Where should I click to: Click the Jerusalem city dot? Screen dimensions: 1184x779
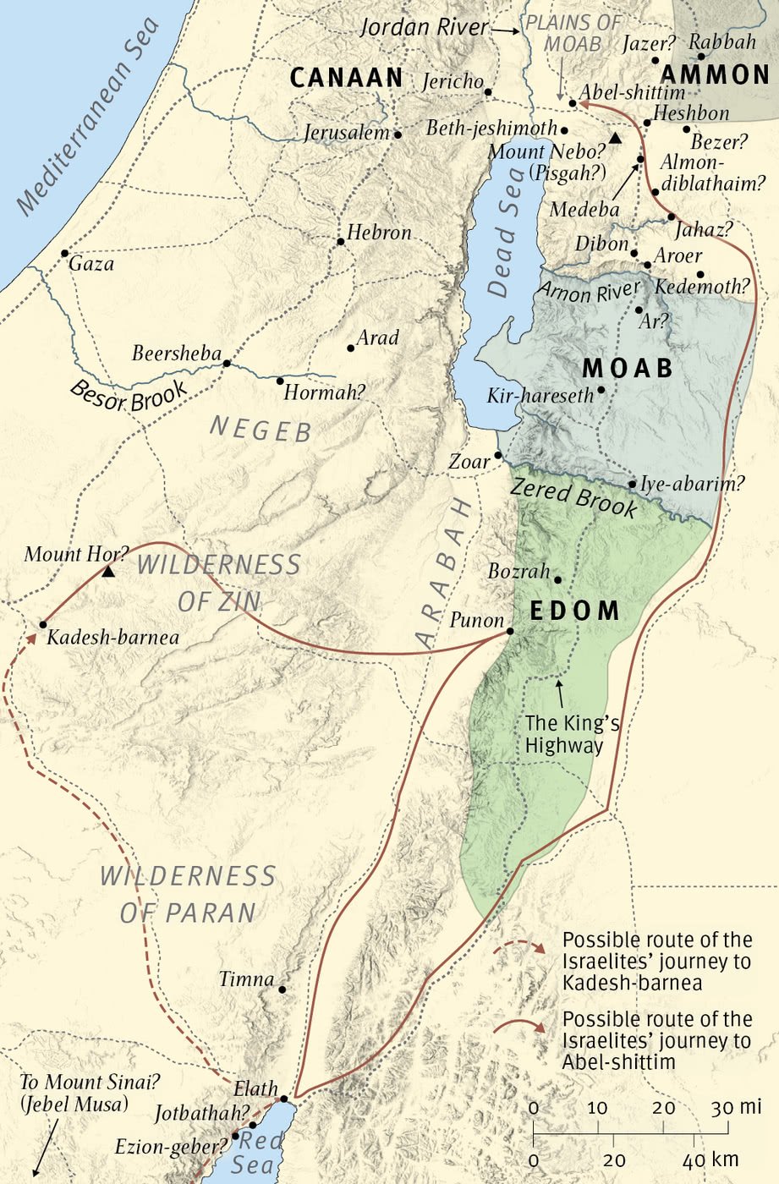pos(398,134)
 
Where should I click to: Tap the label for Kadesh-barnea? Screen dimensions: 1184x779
pos(112,637)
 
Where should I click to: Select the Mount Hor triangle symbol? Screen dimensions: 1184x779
pos(108,573)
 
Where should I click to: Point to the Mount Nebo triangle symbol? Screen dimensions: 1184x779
pos(616,138)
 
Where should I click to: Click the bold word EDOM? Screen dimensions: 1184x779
pos(574,611)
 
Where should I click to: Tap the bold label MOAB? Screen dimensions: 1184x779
pos(628,368)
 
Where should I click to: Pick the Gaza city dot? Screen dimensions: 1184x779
pos(64,253)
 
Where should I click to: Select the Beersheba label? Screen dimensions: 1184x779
pos(176,354)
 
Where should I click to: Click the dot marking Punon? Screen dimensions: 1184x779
pos(510,631)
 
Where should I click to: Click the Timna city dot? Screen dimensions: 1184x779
pos(282,989)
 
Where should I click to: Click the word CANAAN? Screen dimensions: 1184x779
pos(347,78)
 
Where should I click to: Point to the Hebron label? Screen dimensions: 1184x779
pos(379,233)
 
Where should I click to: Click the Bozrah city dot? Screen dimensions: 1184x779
pos(557,579)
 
